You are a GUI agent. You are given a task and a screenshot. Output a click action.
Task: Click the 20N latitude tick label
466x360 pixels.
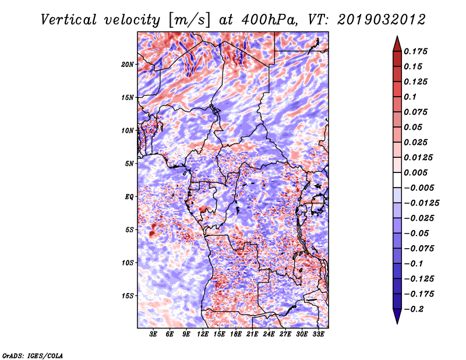point(128,64)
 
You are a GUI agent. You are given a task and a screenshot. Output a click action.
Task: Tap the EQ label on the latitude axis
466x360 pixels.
point(129,197)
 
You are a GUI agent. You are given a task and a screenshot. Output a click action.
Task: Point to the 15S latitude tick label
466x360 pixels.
point(128,296)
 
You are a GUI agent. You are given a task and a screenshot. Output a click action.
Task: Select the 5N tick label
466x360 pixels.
point(129,164)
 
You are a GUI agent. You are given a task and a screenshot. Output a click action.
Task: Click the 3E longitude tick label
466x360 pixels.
point(154,335)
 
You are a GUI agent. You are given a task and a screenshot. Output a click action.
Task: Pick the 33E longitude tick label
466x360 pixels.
point(319,335)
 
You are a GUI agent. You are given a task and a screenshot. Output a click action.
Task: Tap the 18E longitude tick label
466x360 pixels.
point(236,335)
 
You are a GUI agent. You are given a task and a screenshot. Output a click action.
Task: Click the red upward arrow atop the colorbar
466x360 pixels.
point(397,42)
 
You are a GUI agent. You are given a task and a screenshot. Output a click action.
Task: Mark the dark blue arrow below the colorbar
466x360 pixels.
point(397,316)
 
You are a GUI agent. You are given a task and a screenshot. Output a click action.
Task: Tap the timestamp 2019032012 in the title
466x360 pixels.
point(380,19)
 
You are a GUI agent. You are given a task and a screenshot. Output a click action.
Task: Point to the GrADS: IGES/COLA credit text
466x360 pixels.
point(32,354)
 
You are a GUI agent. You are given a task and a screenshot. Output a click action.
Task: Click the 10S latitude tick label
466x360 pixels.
point(128,263)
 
